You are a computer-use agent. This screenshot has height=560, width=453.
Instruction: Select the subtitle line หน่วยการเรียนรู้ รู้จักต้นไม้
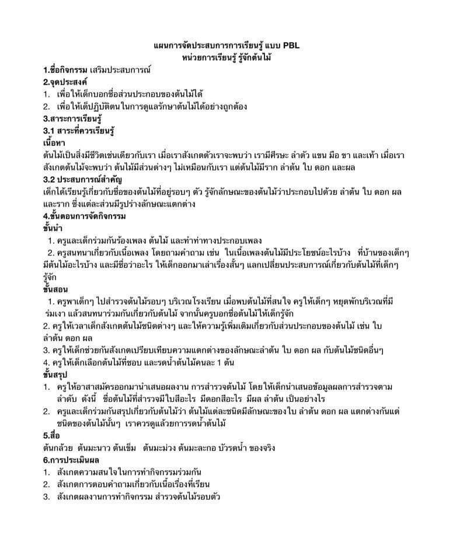pos(227,57)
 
